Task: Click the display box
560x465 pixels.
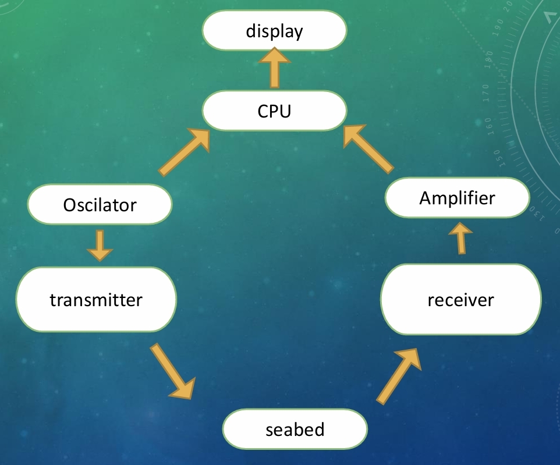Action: [274, 31]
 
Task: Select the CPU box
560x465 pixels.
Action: [274, 111]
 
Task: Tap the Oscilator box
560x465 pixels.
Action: [100, 205]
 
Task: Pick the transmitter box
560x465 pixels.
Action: [96, 300]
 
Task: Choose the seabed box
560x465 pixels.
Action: [295, 430]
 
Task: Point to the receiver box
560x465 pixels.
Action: [460, 300]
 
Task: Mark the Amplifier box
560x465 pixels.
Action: [458, 198]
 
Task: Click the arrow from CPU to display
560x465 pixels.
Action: [274, 69]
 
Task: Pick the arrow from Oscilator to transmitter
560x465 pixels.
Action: [100, 245]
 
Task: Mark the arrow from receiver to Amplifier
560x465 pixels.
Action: [460, 239]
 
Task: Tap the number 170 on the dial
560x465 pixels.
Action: [486, 91]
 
